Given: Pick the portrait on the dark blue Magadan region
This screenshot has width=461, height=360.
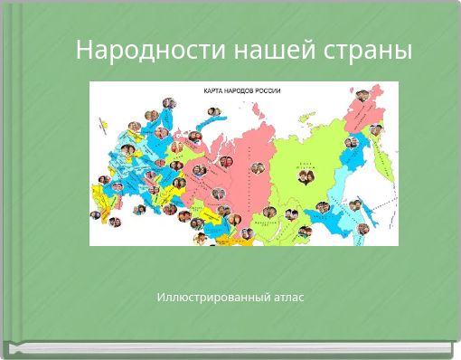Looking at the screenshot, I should point(353,142).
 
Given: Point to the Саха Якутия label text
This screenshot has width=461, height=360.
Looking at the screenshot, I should point(306,166).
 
